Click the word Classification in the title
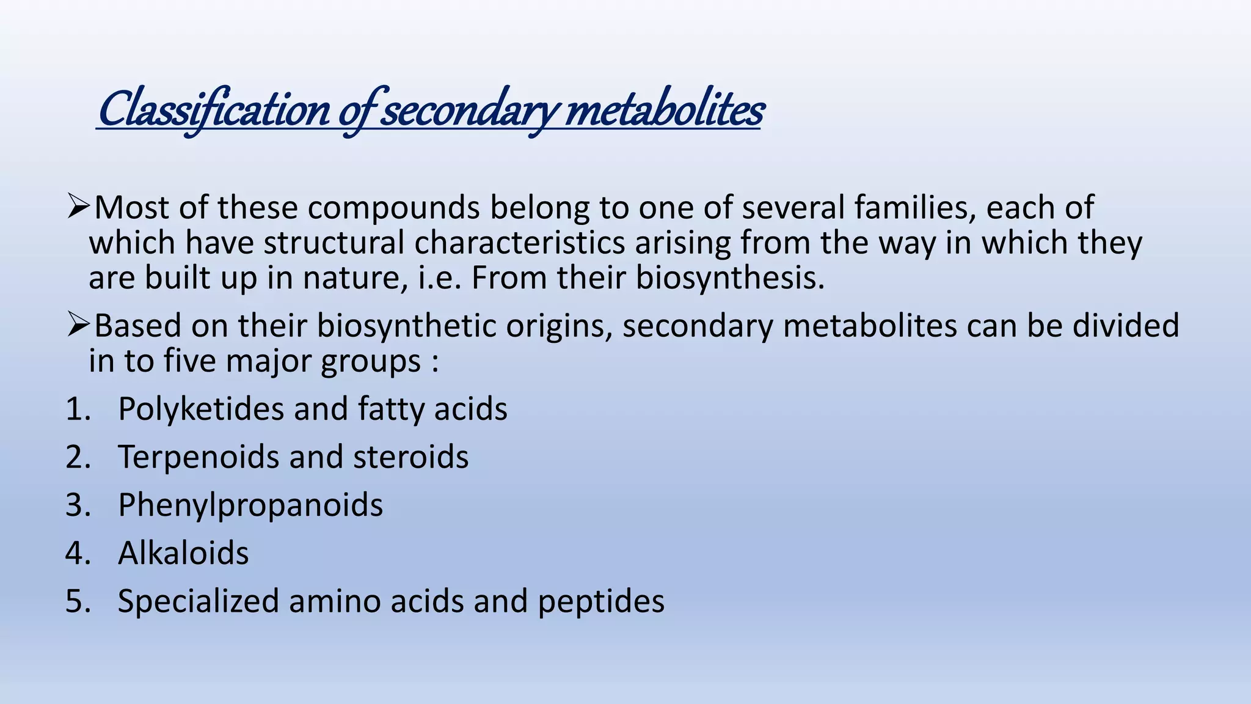pyautogui.click(x=214, y=110)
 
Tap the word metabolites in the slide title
pyautogui.click(x=664, y=110)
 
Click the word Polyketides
pyautogui.click(x=201, y=409)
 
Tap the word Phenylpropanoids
pyautogui.click(x=250, y=505)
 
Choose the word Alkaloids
pyautogui.click(x=183, y=553)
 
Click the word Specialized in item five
pyautogui.click(x=199, y=601)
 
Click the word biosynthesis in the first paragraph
pyautogui.click(x=729, y=278)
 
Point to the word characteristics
pyautogui.click(x=520, y=243)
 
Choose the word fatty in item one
pyautogui.click(x=391, y=409)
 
